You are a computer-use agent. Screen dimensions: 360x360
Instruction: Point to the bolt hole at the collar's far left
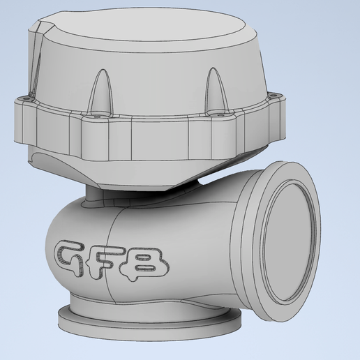[26, 99]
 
